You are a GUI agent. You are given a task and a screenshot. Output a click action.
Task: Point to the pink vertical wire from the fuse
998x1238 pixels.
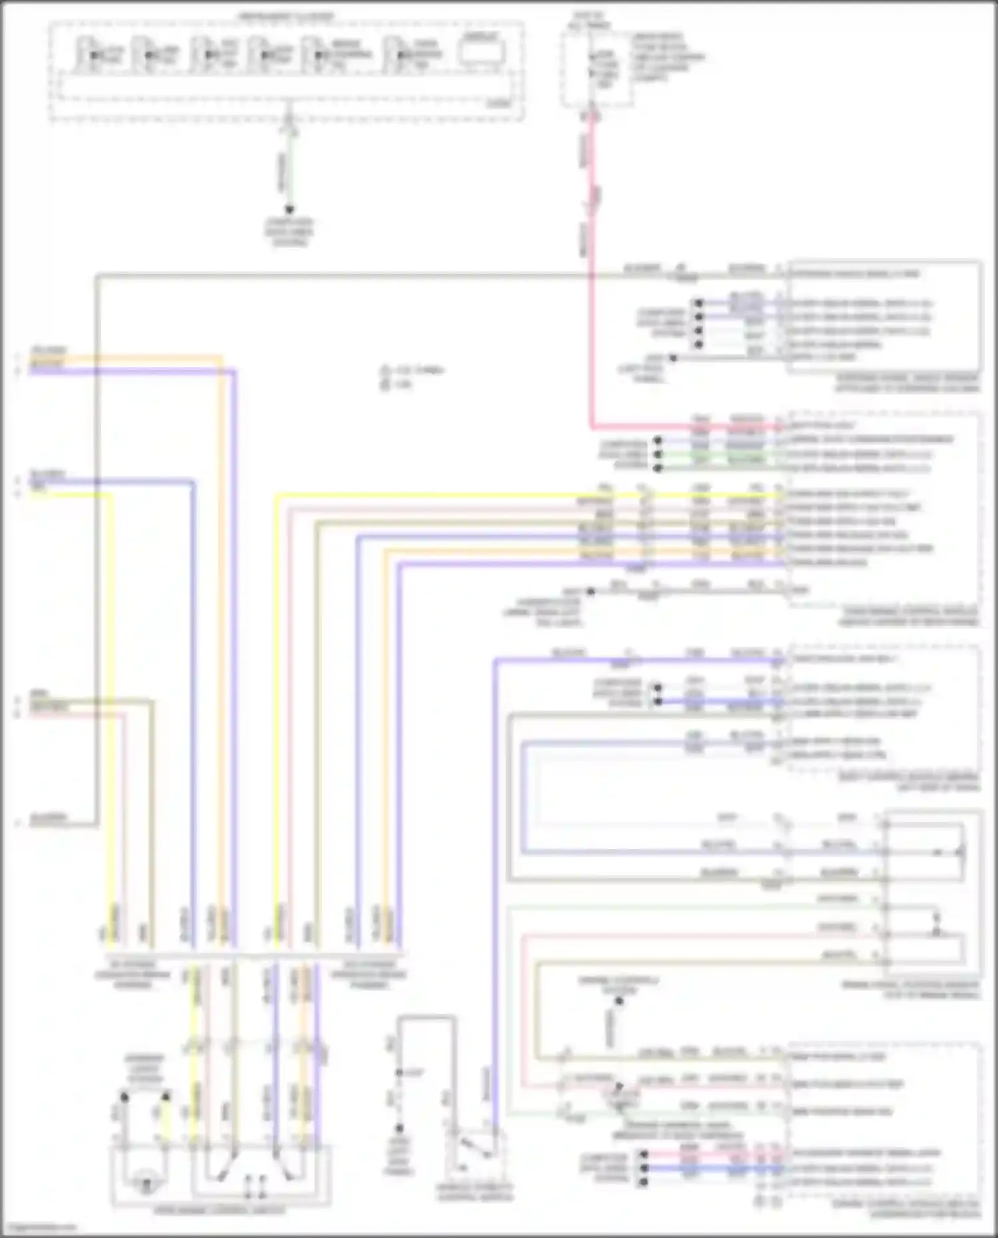pyautogui.click(x=591, y=266)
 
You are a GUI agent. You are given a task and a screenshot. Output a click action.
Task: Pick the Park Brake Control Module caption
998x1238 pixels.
pyautogui.click(x=910, y=616)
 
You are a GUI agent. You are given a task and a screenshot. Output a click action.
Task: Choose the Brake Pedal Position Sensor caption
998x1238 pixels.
pyautogui.click(x=910, y=990)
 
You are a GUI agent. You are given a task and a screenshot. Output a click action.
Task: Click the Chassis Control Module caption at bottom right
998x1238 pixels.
pyautogui.click(x=906, y=1209)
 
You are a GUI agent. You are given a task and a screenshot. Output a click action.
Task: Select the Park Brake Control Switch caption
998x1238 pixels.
pyautogui.click(x=220, y=1210)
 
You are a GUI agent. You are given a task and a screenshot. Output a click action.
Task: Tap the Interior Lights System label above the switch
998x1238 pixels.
pyautogui.click(x=145, y=1068)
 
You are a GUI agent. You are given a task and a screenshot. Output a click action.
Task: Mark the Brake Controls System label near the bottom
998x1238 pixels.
pyautogui.click(x=619, y=985)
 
